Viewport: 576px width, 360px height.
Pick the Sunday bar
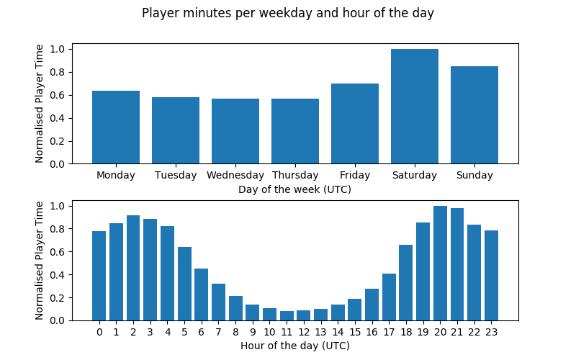(x=474, y=115)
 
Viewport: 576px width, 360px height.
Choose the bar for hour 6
(x=202, y=294)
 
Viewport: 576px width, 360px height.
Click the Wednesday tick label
(x=235, y=175)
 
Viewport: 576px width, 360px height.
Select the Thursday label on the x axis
(x=295, y=175)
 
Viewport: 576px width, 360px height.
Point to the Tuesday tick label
(x=176, y=175)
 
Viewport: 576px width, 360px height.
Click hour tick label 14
(x=338, y=332)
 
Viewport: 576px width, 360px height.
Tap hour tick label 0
(x=99, y=332)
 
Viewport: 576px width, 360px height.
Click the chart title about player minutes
(x=288, y=13)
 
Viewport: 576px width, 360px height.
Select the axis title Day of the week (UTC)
(x=295, y=189)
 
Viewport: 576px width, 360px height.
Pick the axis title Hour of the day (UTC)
(x=295, y=346)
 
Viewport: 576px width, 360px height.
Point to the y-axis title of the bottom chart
(x=40, y=261)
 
